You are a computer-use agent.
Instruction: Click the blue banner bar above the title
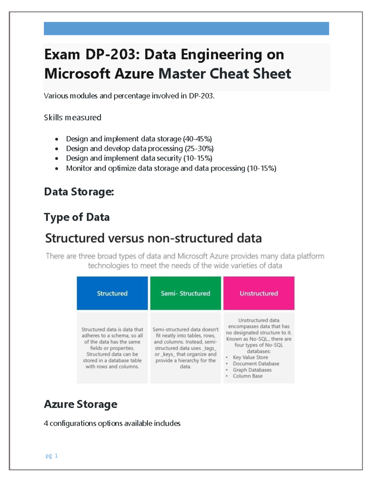tap(186, 29)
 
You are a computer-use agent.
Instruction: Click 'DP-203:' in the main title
tap(111, 55)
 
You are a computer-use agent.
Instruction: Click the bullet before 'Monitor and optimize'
tap(57, 169)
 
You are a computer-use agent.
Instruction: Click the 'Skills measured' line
tap(72, 118)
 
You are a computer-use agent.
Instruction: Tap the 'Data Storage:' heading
tap(79, 192)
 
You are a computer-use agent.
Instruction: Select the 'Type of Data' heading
tap(76, 217)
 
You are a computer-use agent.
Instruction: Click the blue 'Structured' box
tap(112, 293)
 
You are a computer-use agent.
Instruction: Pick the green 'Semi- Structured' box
tap(186, 293)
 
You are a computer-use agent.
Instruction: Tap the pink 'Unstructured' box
tap(259, 293)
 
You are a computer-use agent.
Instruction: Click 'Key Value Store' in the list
tap(250, 357)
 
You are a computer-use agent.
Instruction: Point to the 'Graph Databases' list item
tap(252, 370)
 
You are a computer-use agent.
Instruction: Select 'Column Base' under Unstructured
tap(248, 376)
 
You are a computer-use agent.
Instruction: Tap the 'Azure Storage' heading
tap(81, 404)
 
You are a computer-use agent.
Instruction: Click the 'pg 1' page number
tap(52, 456)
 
